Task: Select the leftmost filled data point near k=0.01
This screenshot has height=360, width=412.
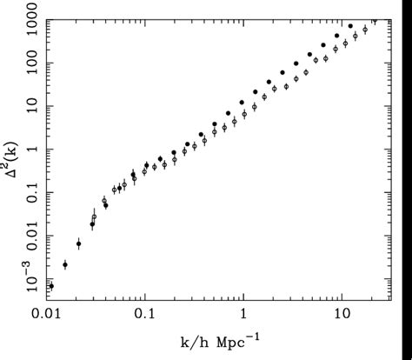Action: pos(51,285)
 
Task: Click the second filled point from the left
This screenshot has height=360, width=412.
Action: pos(65,264)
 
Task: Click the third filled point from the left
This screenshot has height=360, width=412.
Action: pos(78,244)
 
